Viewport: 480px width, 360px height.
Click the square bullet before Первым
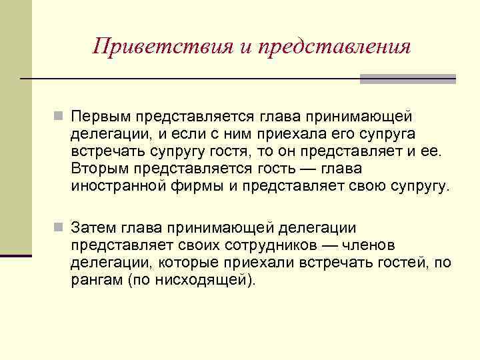click(59, 117)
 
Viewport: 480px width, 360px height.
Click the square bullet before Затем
click(59, 228)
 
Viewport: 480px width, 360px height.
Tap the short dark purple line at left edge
click(16, 255)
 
